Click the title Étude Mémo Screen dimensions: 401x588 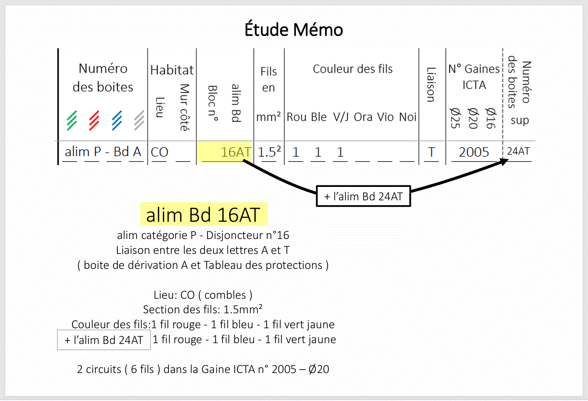pos(294,30)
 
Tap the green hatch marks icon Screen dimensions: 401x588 pos(72,120)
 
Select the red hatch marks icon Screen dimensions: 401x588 pos(94,120)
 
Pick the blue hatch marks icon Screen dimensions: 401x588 pos(117,120)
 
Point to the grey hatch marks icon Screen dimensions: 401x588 pos(139,120)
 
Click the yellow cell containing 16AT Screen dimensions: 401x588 pos(225,152)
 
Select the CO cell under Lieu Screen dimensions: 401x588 pos(160,152)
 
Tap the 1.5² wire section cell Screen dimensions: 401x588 pos(269,152)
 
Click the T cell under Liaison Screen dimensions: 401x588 pos(432,152)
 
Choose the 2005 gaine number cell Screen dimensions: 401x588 pos(474,152)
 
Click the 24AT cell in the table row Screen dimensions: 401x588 pos(518,152)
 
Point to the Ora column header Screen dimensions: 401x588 pos(363,117)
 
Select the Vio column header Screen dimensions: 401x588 pos(385,117)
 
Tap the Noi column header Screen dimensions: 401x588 pos(407,117)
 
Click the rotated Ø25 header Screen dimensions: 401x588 pos(455,118)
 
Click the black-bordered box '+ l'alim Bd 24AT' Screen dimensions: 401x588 pos(363,196)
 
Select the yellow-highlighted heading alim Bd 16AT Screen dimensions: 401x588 pos(203,214)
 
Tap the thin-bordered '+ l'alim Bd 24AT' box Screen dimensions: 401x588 pos(104,340)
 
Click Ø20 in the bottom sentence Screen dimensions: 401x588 pos(318,369)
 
